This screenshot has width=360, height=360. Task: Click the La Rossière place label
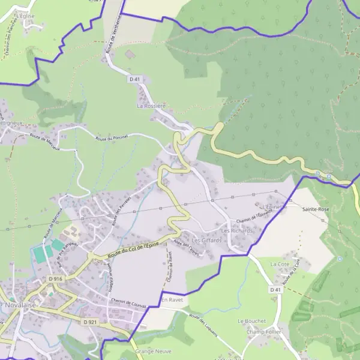click(151, 106)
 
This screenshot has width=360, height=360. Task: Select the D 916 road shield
click(56, 280)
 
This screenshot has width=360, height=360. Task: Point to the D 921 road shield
click(90, 322)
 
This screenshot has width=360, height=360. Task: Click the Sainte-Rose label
click(316, 209)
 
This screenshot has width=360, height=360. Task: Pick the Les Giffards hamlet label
click(206, 240)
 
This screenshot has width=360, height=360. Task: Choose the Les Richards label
click(236, 230)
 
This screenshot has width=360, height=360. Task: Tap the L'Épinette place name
click(275, 206)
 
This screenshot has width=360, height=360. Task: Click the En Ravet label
click(170, 299)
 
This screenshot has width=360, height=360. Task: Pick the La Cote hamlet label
click(279, 264)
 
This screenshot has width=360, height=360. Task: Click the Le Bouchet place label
click(251, 321)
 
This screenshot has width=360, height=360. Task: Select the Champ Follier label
click(263, 332)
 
